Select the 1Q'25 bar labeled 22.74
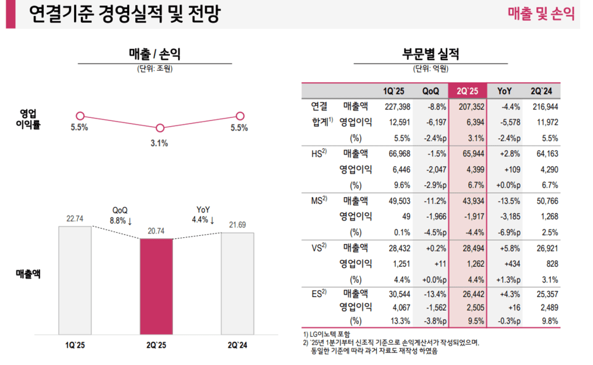75,280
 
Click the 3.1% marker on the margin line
160,128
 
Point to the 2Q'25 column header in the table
468,91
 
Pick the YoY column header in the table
507,91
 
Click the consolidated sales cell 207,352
466,106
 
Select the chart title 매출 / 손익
154,54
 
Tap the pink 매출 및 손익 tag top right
541,14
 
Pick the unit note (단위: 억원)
431,69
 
